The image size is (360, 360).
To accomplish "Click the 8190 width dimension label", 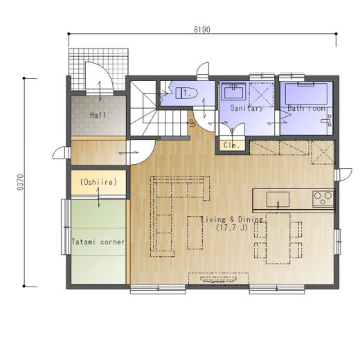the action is click(x=202, y=30).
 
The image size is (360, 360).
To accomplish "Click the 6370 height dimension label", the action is click(x=20, y=182).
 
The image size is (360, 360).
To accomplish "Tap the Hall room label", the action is click(x=98, y=115).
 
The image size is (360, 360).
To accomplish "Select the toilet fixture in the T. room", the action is click(x=187, y=93).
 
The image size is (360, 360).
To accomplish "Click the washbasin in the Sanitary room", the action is click(x=233, y=91).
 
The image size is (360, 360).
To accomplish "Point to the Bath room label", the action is click(x=307, y=108).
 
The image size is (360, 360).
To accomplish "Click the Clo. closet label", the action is click(x=231, y=145).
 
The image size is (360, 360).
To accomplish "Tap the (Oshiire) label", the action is click(x=98, y=182).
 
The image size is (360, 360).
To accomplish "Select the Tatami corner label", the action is click(x=98, y=242).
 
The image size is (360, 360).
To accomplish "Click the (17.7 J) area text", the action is click(x=232, y=228).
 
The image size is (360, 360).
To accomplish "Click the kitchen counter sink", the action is click(x=278, y=199).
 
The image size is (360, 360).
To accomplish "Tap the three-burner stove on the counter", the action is click(x=323, y=199).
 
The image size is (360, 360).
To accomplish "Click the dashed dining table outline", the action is click(x=278, y=238).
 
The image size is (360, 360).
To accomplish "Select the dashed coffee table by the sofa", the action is click(x=195, y=233).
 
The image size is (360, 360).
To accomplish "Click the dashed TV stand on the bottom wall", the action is click(x=218, y=279).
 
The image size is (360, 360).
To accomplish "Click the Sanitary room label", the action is click(x=246, y=108).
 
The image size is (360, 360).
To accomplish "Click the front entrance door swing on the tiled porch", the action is click(x=100, y=78).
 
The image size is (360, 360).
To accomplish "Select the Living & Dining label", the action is click(x=232, y=219).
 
